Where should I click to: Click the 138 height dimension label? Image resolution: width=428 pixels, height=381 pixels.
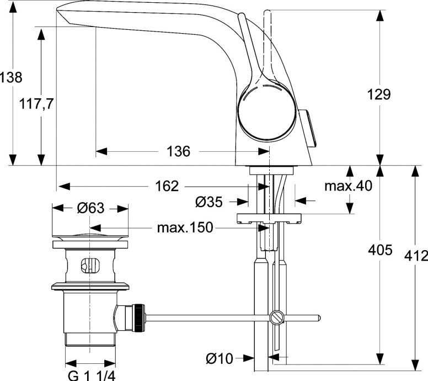pyautogui.click(x=11, y=77)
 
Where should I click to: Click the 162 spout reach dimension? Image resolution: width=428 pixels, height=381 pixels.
pyautogui.click(x=167, y=186)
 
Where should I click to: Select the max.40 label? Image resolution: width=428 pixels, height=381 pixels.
pyautogui.click(x=348, y=186)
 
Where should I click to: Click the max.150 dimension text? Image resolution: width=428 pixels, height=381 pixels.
pyautogui.click(x=185, y=227)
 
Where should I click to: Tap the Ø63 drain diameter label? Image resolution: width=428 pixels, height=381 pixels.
pyautogui.click(x=90, y=208)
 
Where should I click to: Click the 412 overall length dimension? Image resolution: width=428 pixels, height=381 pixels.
pyautogui.click(x=416, y=256)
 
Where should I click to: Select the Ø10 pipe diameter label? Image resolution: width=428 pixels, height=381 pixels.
pyautogui.click(x=220, y=359)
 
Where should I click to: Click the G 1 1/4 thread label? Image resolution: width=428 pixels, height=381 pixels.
pyautogui.click(x=91, y=376)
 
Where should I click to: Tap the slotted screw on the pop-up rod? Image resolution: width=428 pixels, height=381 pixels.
pyautogui.click(x=276, y=317)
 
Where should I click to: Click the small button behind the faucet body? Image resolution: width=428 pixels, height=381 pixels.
pyautogui.click(x=310, y=129)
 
